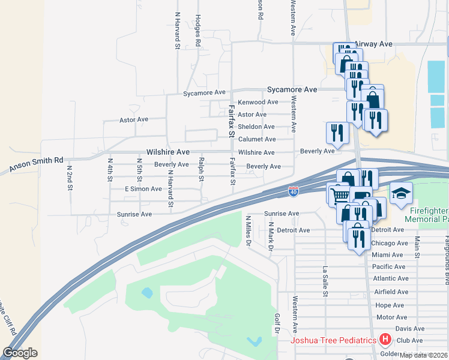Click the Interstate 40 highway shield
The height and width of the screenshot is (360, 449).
click(x=293, y=191)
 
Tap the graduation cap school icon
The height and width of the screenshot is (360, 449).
click(x=401, y=194)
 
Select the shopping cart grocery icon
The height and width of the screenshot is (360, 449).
click(x=340, y=194)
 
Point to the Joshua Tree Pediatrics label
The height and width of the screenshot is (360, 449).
click(x=334, y=341)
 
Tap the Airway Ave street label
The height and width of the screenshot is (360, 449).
click(x=373, y=44)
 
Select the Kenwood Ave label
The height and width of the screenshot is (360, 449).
click(x=258, y=102)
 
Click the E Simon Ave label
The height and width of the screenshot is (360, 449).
click(x=143, y=188)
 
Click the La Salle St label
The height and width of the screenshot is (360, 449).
click(x=325, y=281)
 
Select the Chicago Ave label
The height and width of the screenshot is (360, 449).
click(x=390, y=243)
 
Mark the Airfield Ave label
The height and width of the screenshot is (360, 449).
click(x=391, y=292)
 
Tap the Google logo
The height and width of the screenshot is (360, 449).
click(x=20, y=353)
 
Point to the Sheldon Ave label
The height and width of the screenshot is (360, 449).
click(x=256, y=127)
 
